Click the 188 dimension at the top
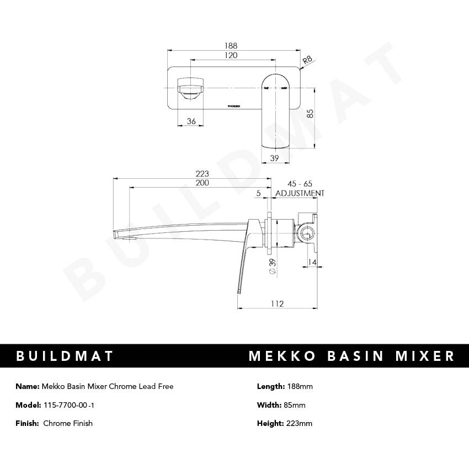click(x=231, y=46)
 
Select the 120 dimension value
click(x=231, y=55)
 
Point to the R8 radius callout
click(x=308, y=59)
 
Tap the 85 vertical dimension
click(x=310, y=114)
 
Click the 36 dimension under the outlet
click(x=191, y=121)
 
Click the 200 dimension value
click(x=202, y=183)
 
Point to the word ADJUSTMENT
click(x=300, y=193)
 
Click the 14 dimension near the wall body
click(x=313, y=263)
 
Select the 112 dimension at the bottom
click(x=277, y=303)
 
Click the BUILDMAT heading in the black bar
click(x=65, y=356)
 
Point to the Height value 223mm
click(x=299, y=423)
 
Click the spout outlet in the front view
click(x=190, y=89)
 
